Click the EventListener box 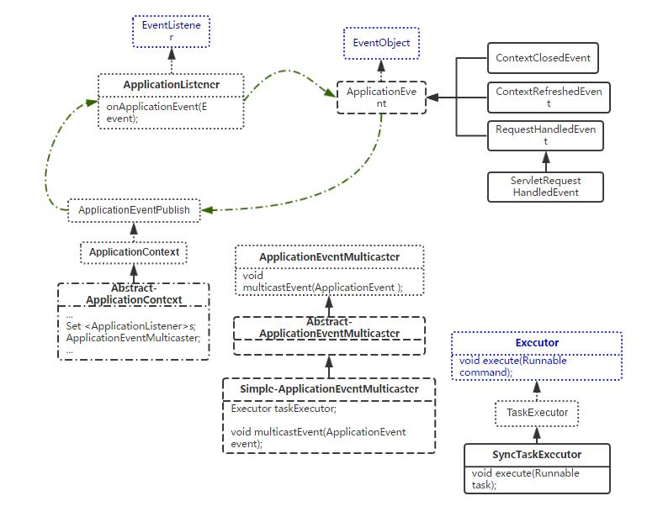(x=171, y=31)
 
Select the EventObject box (x=381, y=43)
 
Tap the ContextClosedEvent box (x=543, y=59)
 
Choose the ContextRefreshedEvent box (x=548, y=97)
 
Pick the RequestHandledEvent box (x=545, y=135)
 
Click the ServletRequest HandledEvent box (x=545, y=187)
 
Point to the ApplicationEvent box (x=381, y=98)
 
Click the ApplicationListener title (x=171, y=85)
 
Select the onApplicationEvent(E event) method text (x=156, y=113)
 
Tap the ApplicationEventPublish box (x=134, y=210)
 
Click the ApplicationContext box (x=134, y=252)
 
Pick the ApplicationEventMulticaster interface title (x=329, y=256)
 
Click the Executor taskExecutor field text (x=284, y=409)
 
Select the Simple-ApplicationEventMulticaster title (x=329, y=389)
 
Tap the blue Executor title (x=537, y=343)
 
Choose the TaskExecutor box (x=537, y=413)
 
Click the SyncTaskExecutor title (x=537, y=455)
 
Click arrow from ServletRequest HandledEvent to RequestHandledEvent (x=545, y=161)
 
